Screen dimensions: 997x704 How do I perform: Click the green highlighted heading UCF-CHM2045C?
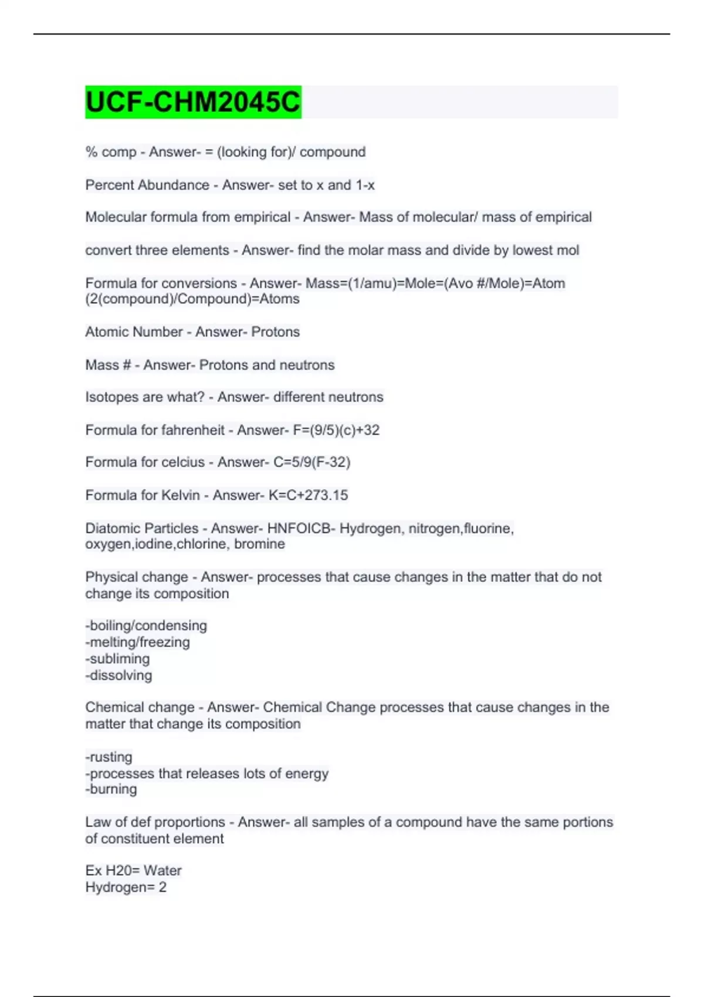coord(193,102)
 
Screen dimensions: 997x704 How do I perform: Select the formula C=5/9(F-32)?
coord(312,462)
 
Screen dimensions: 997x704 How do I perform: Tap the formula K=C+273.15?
coord(308,495)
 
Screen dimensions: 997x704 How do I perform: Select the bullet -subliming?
coord(117,659)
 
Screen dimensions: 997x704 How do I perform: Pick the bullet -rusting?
coord(109,757)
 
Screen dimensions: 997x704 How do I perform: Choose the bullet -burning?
coord(111,789)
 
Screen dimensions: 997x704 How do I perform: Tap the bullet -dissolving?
coord(119,675)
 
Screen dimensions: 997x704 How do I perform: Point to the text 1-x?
coord(365,185)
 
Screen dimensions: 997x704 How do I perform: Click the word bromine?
coord(259,544)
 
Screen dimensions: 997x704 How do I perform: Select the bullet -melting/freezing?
coord(138,642)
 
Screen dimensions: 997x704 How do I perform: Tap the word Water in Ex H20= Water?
coord(163,870)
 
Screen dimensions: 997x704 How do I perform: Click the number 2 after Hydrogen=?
coord(163,887)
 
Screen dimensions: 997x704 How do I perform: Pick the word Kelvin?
coord(181,495)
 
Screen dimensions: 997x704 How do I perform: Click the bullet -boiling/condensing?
coord(146,626)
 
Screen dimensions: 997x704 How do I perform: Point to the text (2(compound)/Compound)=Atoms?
coord(192,299)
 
